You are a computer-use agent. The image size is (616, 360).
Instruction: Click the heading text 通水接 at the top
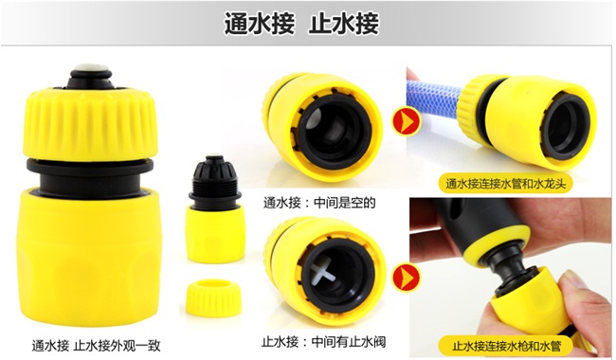[x=260, y=24]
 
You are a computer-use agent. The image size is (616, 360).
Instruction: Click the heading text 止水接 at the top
[x=344, y=24]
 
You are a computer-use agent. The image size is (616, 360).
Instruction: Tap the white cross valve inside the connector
[x=324, y=272]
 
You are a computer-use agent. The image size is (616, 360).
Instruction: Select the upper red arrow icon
[x=406, y=121]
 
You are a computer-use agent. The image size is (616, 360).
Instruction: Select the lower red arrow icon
[x=406, y=278]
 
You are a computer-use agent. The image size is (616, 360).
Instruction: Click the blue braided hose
[x=433, y=99]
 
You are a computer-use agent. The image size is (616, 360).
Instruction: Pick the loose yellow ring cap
[x=213, y=297]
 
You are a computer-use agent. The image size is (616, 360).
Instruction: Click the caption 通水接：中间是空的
[x=319, y=203]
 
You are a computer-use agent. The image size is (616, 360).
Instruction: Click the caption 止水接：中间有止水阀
[x=324, y=342]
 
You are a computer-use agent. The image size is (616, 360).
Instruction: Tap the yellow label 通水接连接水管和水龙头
[x=506, y=184]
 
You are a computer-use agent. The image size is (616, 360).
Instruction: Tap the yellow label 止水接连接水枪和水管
[x=506, y=346]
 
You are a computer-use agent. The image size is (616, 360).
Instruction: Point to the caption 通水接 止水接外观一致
[x=97, y=346]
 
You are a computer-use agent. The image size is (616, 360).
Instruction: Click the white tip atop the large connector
[x=91, y=69]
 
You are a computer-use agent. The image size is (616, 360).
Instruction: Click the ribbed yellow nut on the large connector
[x=91, y=124]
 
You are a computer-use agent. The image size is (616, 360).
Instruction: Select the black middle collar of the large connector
[x=90, y=176]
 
